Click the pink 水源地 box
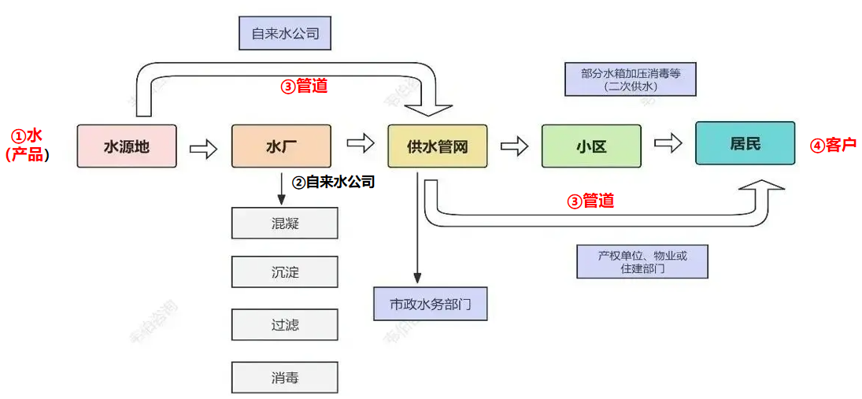(127, 146)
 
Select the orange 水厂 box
(281, 146)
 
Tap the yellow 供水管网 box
(438, 146)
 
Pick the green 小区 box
(591, 146)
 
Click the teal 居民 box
(745, 143)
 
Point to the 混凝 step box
(284, 224)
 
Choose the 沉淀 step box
(284, 272)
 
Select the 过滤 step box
(284, 325)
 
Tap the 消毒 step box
(284, 378)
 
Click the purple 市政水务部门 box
(431, 304)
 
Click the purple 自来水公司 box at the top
(285, 33)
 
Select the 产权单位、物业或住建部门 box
(642, 262)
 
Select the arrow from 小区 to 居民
(668, 145)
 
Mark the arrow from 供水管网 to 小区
(514, 146)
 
